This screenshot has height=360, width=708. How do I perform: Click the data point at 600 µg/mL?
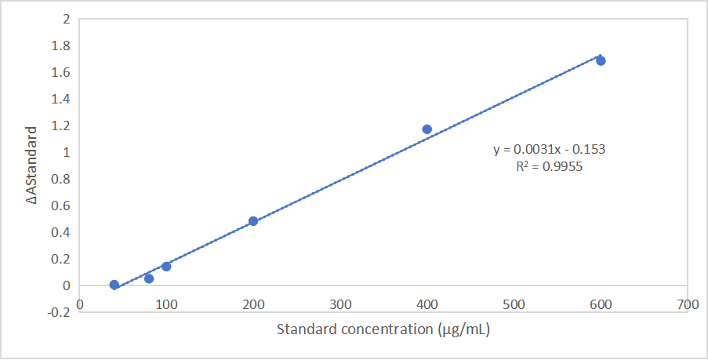click(x=601, y=60)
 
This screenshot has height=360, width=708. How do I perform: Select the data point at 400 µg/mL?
click(x=427, y=129)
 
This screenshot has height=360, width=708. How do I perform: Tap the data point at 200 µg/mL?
click(x=253, y=221)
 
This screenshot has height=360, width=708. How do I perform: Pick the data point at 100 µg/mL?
click(x=166, y=267)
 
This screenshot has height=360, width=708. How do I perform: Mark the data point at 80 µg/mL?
click(x=149, y=278)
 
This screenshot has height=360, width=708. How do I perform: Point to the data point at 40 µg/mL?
click(x=114, y=285)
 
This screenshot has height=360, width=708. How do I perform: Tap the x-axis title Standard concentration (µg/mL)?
click(x=383, y=329)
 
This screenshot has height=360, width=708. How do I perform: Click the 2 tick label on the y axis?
click(x=66, y=19)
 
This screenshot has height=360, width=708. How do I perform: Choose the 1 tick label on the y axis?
click(x=66, y=152)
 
